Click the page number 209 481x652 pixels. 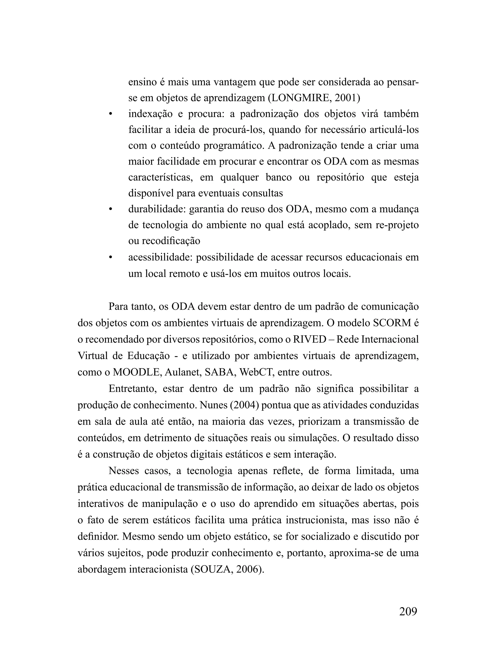[408, 611]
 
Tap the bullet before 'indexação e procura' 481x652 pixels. [110, 114]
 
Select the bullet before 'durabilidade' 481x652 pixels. [110, 209]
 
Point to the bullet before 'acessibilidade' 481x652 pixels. [110, 258]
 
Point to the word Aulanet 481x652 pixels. [182, 372]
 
